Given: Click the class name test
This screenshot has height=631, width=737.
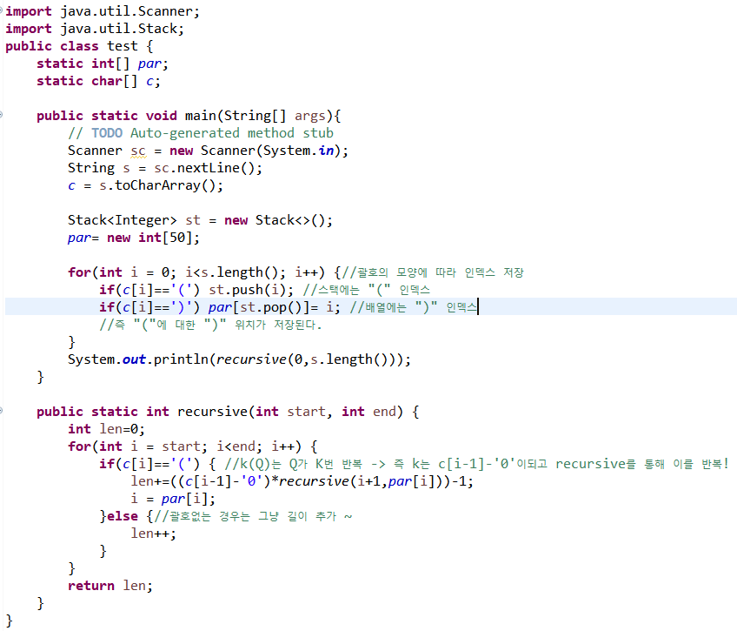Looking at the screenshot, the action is (x=123, y=46).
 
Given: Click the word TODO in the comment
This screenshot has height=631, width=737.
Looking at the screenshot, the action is (x=107, y=133).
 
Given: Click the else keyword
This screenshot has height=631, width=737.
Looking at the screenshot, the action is (x=125, y=516).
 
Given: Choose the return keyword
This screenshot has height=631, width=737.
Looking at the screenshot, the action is (x=90, y=586).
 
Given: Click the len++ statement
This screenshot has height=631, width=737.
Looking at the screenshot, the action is (x=154, y=534).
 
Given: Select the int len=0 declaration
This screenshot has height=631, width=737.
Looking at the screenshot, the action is (x=106, y=429).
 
